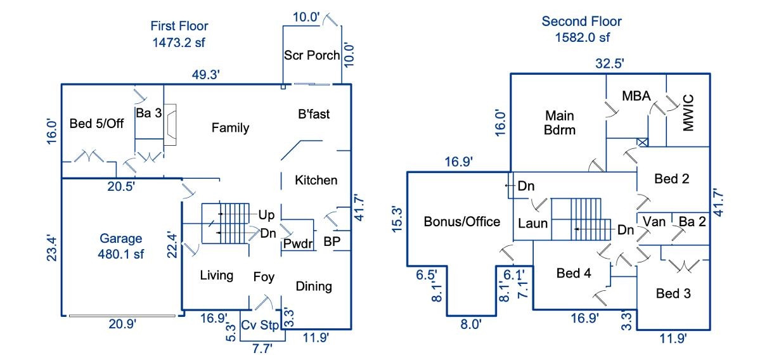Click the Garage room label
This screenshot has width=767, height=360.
pos(120,238)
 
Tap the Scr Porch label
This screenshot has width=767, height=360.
pos(312,55)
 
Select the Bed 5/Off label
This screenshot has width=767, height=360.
pos(96,123)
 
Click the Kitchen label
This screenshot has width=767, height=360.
pos(316,180)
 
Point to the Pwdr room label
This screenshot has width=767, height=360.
pos(298,243)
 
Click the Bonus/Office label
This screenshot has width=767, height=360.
pos(461,222)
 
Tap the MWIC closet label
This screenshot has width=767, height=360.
pos(688,113)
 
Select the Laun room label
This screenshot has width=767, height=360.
pos(533,224)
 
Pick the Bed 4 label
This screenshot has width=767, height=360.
pos(573,273)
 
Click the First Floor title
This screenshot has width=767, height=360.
pos(179,26)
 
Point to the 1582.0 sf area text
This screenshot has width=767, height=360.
pos(582,37)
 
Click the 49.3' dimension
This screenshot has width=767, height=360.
pos(206,75)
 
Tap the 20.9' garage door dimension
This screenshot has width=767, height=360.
pos(122,324)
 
